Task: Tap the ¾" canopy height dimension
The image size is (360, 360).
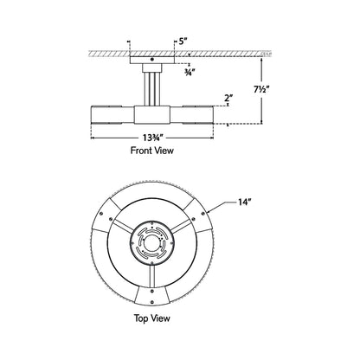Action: click(190, 73)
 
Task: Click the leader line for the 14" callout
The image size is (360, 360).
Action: click(222, 207)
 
